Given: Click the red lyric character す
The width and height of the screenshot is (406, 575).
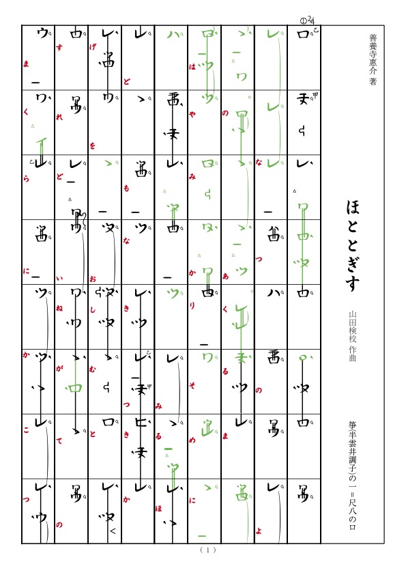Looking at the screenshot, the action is coord(59,66).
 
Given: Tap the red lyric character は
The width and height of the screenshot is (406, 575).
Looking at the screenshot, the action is coord(192,67).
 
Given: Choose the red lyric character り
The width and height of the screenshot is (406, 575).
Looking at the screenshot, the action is coord(192,305).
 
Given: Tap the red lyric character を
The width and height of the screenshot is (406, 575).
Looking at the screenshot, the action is coord(92,145).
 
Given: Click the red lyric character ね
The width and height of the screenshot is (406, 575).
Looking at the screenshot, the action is coord(59,308).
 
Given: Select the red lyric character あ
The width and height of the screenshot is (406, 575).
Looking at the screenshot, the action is coord(225,275).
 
